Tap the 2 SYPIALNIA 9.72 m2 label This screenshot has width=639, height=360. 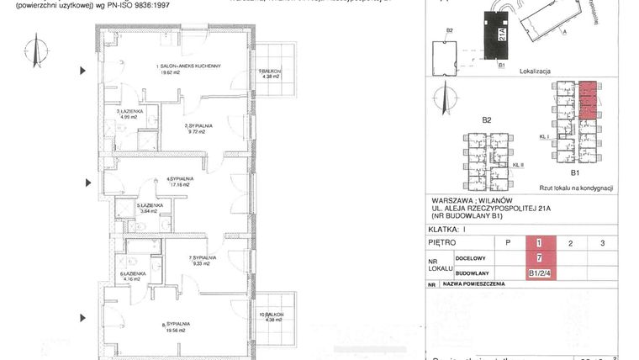point(198,129)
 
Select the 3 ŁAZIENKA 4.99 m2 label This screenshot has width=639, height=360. point(129,114)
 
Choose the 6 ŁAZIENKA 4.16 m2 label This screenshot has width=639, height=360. point(134,276)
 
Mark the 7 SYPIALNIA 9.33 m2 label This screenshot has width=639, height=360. point(202,261)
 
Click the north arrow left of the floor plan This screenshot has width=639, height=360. point(34,50)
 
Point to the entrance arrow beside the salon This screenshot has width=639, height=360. point(82,71)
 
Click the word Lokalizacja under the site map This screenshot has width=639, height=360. point(535,72)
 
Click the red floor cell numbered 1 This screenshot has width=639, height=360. point(538,243)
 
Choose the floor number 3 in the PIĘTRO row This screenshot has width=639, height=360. point(602,243)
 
